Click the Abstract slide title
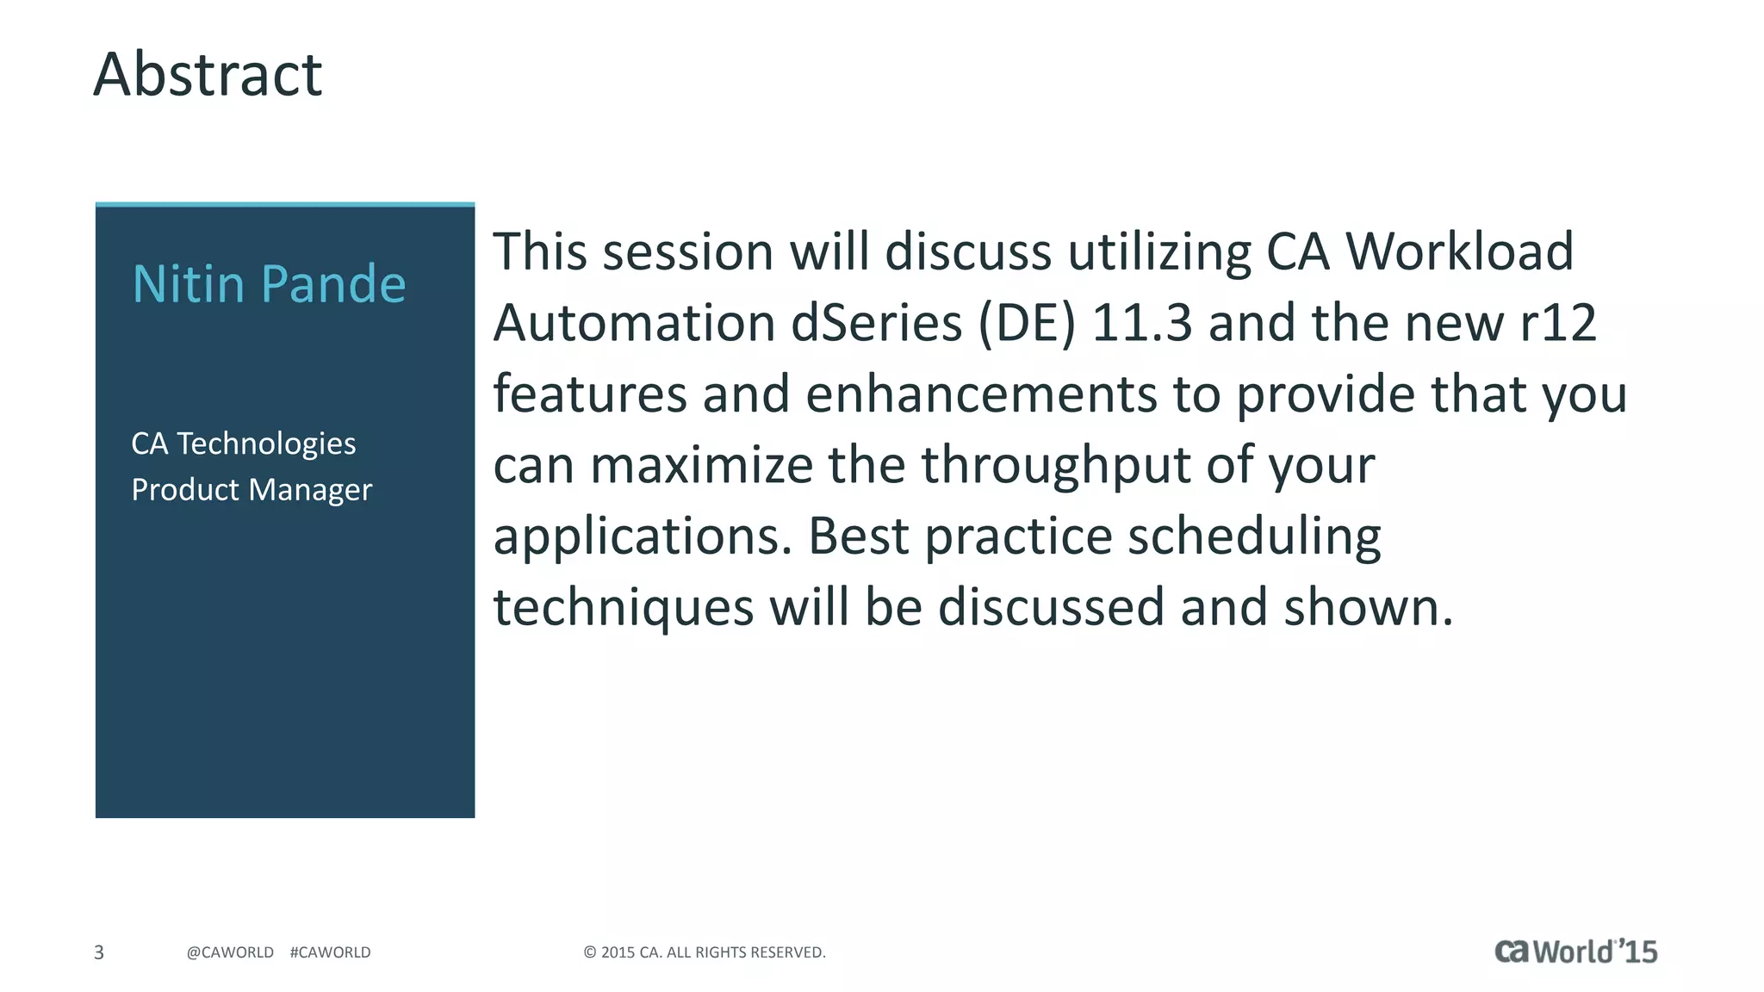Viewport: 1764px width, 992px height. point(208,75)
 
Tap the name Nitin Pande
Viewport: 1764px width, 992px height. point(269,284)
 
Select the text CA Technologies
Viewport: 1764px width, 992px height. point(243,443)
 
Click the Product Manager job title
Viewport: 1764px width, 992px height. point(252,490)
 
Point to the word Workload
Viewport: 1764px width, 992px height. point(1459,252)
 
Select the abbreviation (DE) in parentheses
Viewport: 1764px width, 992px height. point(1027,324)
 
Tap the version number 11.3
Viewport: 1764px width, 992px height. point(1141,324)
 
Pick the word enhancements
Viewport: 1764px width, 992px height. point(981,395)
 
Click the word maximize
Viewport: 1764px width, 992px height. point(701,466)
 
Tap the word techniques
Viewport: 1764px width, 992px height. point(624,608)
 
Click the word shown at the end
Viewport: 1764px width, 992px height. point(1368,608)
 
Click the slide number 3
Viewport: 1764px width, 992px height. point(99,952)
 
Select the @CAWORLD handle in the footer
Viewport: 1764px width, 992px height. point(230,952)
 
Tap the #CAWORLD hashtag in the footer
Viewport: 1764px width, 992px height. point(330,952)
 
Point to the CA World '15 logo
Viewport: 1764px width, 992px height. point(1575,952)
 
